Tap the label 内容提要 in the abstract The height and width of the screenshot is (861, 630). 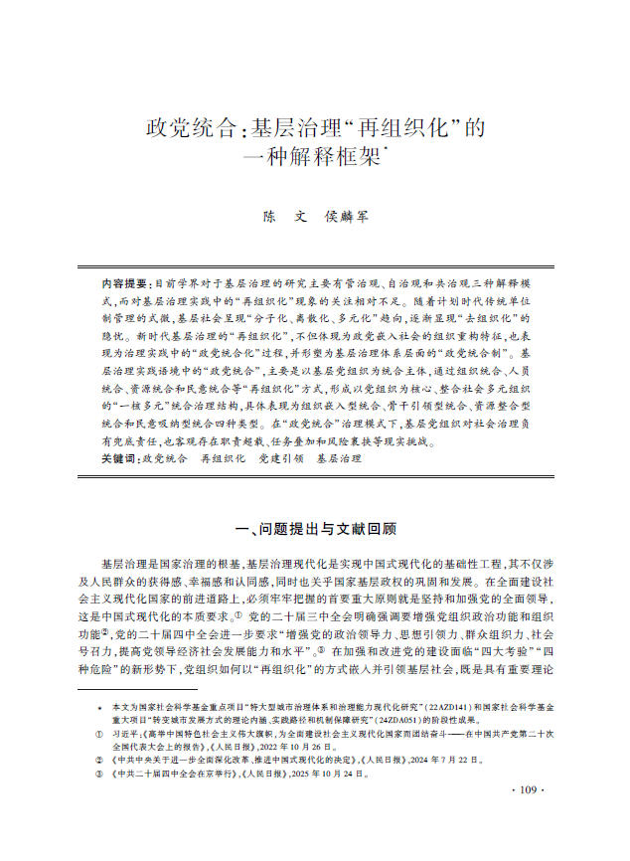(108, 283)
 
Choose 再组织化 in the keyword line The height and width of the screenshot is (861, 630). (224, 459)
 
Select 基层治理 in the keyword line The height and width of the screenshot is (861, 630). (339, 459)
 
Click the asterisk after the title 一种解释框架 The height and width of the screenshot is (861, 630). (385, 149)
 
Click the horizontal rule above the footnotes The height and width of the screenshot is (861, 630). (139, 688)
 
